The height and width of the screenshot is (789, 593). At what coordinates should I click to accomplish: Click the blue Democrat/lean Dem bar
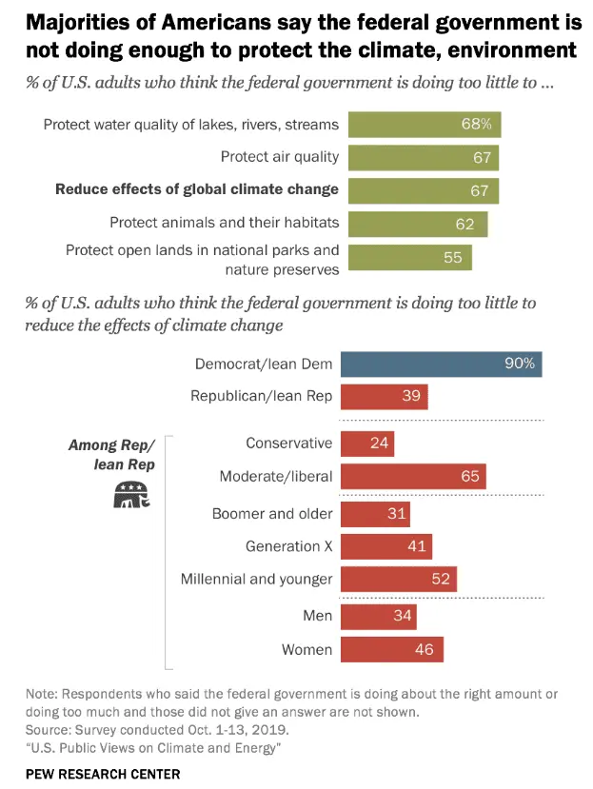441,364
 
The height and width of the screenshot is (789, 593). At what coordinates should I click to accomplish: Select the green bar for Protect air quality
424,157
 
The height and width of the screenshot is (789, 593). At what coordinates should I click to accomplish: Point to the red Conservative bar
366,443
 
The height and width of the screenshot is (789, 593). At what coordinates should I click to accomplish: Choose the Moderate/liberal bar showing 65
413,476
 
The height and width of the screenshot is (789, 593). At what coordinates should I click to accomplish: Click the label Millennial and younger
257,579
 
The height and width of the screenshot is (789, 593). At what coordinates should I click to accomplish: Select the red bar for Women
391,650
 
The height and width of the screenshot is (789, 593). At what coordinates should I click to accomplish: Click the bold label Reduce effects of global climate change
197,189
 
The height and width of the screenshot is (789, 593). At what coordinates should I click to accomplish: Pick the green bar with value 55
410,257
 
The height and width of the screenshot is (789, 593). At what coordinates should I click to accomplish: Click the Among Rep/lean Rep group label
110,454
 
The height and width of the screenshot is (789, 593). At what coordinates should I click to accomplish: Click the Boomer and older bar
374,514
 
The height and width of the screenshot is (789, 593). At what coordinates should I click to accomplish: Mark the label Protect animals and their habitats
224,223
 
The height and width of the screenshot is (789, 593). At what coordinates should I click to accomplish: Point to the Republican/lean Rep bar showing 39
384,396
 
